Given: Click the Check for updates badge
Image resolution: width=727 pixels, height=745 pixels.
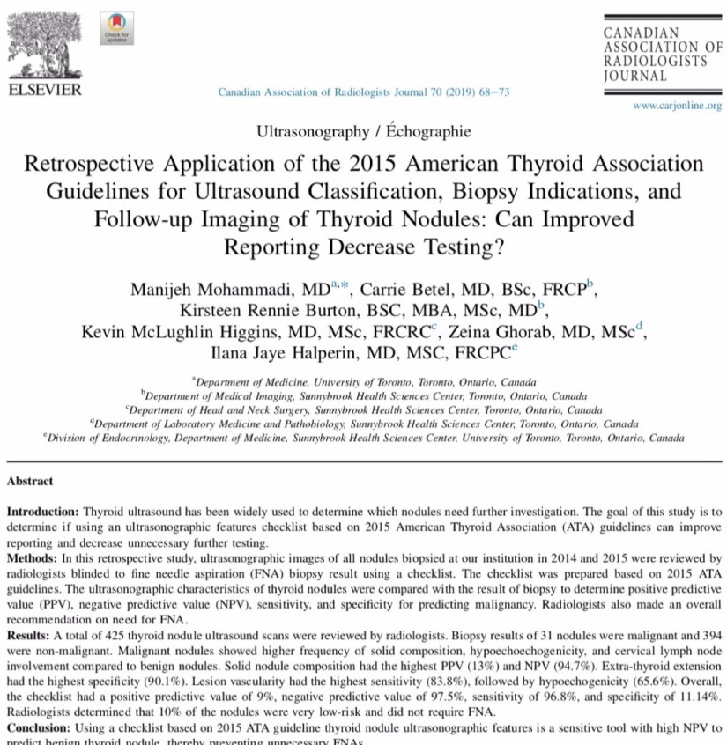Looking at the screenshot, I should [x=117, y=29].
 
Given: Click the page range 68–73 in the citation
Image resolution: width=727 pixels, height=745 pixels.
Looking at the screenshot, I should [x=492, y=92].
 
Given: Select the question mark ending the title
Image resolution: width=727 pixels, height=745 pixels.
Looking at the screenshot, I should [x=499, y=247].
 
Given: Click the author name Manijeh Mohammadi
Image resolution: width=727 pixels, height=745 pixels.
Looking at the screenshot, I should [x=228, y=288].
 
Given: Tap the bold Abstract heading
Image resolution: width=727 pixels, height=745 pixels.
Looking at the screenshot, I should [x=30, y=481].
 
